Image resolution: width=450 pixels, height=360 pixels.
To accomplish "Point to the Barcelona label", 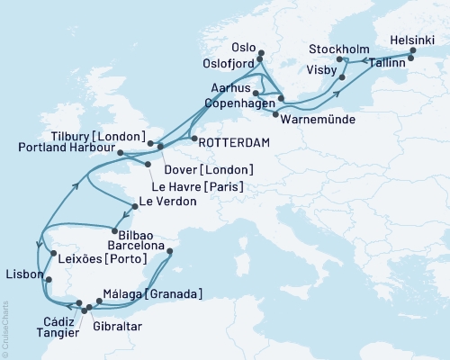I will [x=134, y=245].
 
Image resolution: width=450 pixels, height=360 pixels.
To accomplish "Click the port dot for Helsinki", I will [x=413, y=51].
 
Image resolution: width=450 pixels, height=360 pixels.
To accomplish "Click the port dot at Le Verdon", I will [x=134, y=206].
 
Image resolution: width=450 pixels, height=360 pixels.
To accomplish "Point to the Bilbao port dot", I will [x=115, y=229].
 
